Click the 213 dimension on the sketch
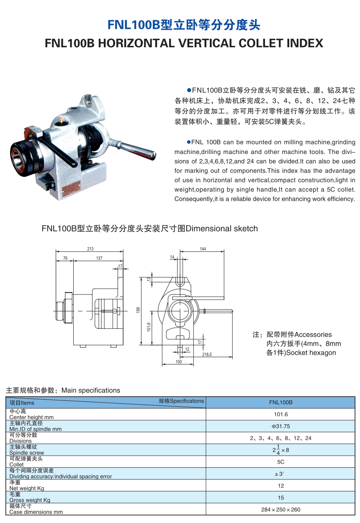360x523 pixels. coord(90,249)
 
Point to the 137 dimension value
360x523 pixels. coord(99,258)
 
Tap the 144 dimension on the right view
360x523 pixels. coord(203,249)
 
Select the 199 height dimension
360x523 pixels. coord(138,310)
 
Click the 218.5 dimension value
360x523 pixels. coord(207,354)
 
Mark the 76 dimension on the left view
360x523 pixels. coord(65,258)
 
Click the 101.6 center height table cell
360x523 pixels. coord(280,414)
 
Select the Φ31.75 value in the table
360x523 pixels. coord(280,426)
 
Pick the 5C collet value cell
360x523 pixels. coord(280,462)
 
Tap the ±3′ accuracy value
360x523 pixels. coord(280,474)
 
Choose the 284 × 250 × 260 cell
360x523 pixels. coord(280,509)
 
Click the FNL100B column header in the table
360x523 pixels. coord(280,403)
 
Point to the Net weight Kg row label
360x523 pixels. coord(27,488)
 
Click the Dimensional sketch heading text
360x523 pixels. coord(221,228)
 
